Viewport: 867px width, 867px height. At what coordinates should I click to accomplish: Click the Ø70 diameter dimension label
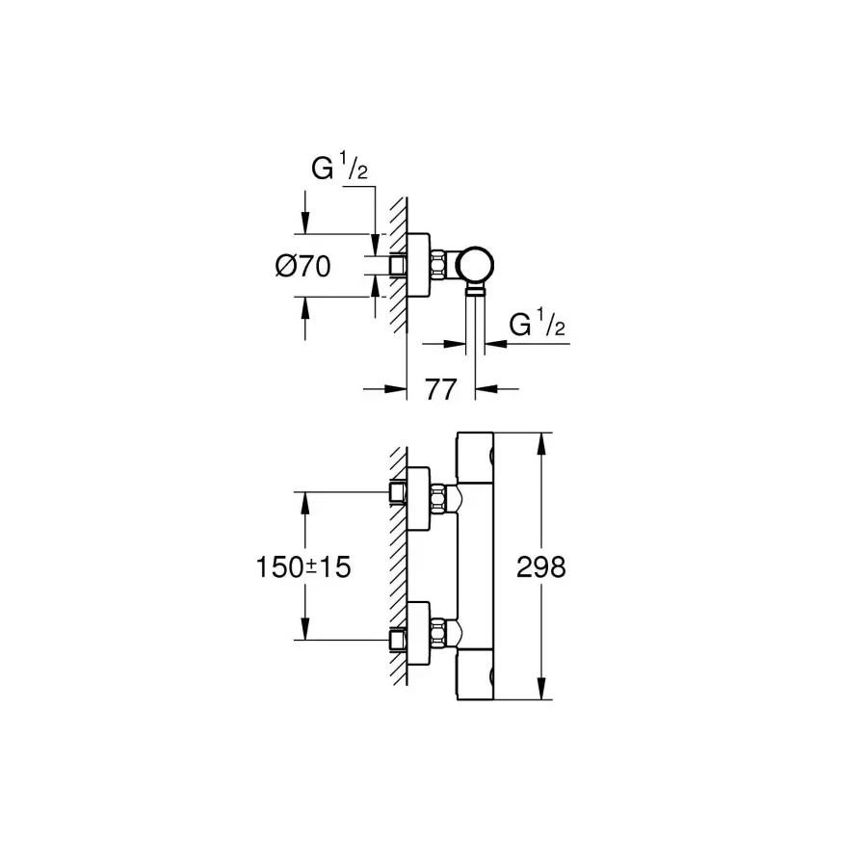pyautogui.click(x=303, y=266)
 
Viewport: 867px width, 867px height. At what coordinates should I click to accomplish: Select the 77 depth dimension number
pyautogui.click(x=440, y=389)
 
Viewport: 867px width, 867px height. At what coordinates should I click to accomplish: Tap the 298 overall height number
pyautogui.click(x=541, y=567)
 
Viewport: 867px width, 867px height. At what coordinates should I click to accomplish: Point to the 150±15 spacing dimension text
pyautogui.click(x=303, y=567)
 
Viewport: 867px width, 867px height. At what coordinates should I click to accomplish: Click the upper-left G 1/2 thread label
pyautogui.click(x=339, y=168)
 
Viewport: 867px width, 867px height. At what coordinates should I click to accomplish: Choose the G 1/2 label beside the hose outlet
pyautogui.click(x=537, y=324)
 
